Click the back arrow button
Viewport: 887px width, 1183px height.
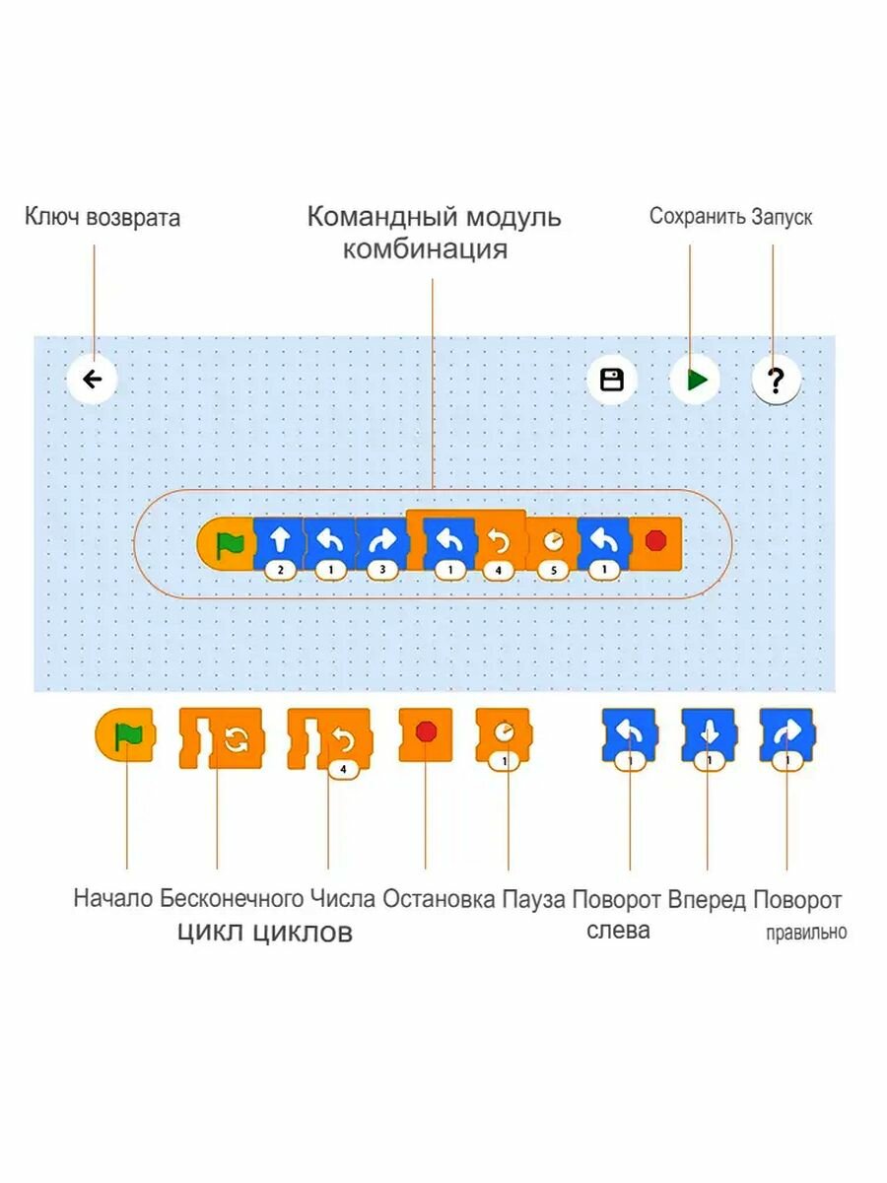pyautogui.click(x=93, y=380)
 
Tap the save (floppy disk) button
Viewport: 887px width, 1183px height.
pyautogui.click(x=612, y=381)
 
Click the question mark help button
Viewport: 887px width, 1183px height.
pyautogui.click(x=776, y=381)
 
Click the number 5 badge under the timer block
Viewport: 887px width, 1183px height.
pyautogui.click(x=552, y=569)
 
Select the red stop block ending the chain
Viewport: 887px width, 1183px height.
pyautogui.click(x=655, y=543)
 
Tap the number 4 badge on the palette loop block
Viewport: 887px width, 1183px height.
pyautogui.click(x=343, y=769)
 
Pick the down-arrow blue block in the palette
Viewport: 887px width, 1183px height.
pyautogui.click(x=708, y=734)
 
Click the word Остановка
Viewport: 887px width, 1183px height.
pyautogui.click(x=439, y=899)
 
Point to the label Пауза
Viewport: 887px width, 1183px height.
pyautogui.click(x=533, y=899)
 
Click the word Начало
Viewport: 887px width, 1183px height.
pyautogui.click(x=113, y=899)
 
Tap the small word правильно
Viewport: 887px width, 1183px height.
pyautogui.click(x=806, y=932)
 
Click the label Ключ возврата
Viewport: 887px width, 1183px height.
pyautogui.click(x=102, y=218)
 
